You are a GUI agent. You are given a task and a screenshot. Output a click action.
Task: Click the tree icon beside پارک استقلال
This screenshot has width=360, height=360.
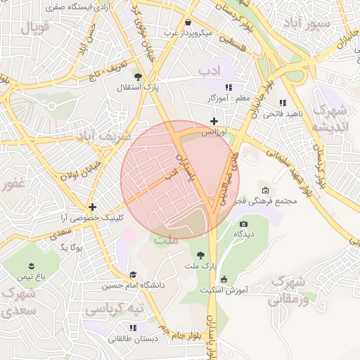click(138, 77)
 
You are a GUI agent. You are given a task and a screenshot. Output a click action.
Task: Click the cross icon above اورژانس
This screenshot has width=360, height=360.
click(214, 122)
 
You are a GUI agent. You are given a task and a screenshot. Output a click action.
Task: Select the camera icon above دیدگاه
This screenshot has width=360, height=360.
click(243, 224)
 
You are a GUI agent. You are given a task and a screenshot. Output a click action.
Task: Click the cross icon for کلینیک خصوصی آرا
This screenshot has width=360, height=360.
click(92, 207)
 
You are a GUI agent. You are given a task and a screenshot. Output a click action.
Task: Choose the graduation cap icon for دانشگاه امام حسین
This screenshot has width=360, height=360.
click(132, 275)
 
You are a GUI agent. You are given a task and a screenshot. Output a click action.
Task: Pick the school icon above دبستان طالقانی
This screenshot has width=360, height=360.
click(132, 328)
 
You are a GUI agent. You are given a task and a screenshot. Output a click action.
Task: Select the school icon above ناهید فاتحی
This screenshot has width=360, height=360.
click(282, 103)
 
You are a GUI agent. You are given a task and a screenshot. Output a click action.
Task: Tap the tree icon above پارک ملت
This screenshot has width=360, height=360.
click(202, 255)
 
